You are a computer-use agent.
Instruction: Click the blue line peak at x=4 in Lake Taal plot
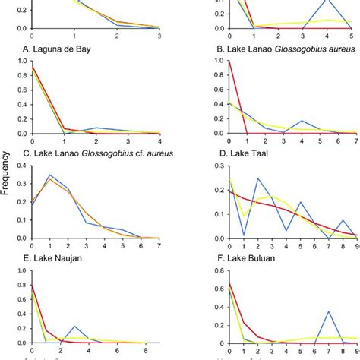click(x=302, y=121)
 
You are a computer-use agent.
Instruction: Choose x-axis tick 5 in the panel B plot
click(x=350, y=36)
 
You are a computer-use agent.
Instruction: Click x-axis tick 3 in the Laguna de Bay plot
click(x=180, y=36)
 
